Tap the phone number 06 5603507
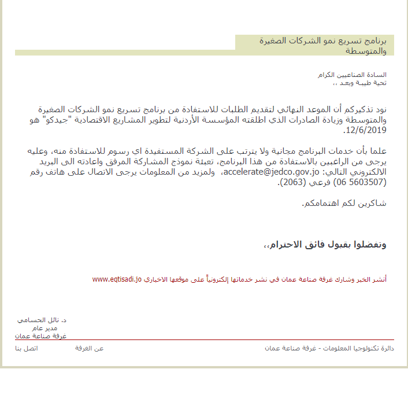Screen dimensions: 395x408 coord(359,183)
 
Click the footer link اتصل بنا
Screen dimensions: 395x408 coord(26,348)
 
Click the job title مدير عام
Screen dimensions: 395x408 coord(55,328)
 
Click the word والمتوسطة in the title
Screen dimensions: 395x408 coord(368,51)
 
